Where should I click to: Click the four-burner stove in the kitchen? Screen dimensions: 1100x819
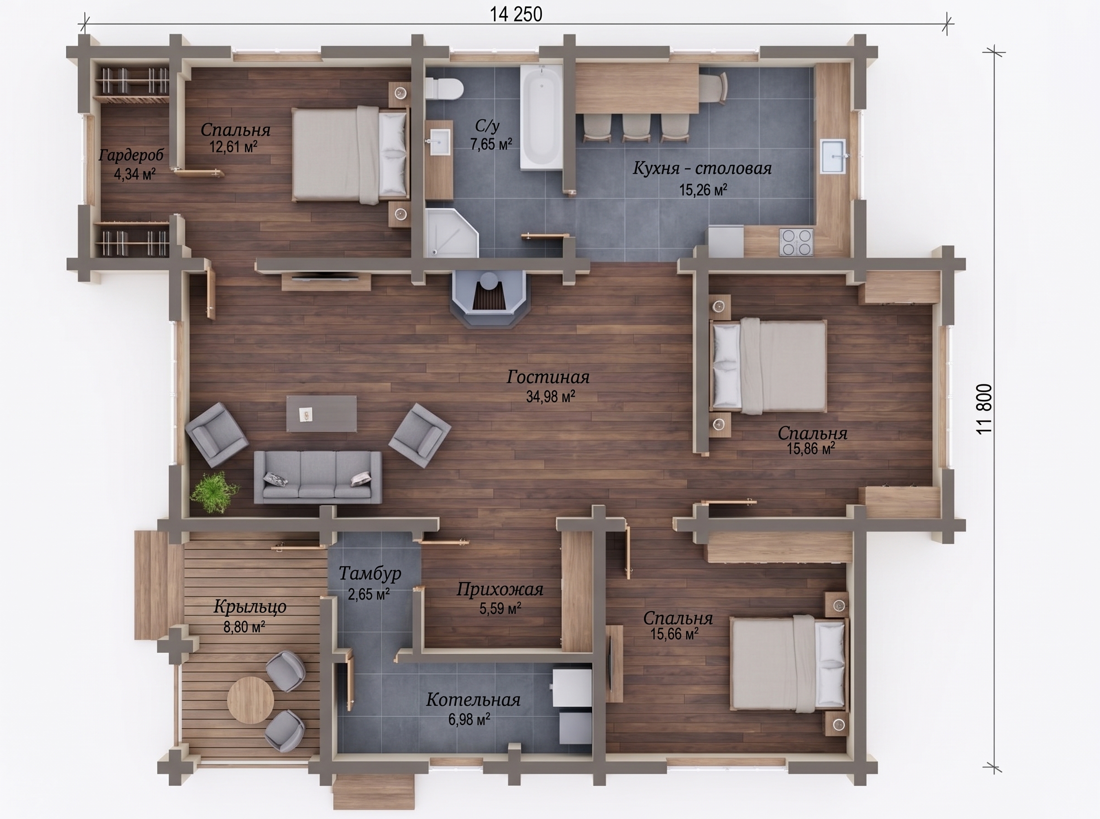click(796, 242)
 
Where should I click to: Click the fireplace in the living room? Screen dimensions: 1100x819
click(489, 299)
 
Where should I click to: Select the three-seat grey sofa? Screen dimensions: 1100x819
click(318, 477)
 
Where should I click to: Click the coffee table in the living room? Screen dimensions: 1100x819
click(321, 413)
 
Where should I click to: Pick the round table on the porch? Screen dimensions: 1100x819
click(250, 699)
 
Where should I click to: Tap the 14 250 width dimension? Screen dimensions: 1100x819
click(516, 14)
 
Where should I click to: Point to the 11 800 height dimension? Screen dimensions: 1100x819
click(984, 409)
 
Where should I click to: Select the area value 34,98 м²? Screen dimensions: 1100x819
click(550, 397)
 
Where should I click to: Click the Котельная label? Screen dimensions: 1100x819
click(473, 700)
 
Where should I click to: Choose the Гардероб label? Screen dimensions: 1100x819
click(131, 156)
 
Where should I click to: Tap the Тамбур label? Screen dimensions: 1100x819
click(369, 573)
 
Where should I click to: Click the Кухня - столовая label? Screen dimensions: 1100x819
click(702, 169)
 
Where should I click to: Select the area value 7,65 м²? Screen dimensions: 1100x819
click(491, 144)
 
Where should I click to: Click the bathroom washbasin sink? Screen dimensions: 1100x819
click(439, 142)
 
